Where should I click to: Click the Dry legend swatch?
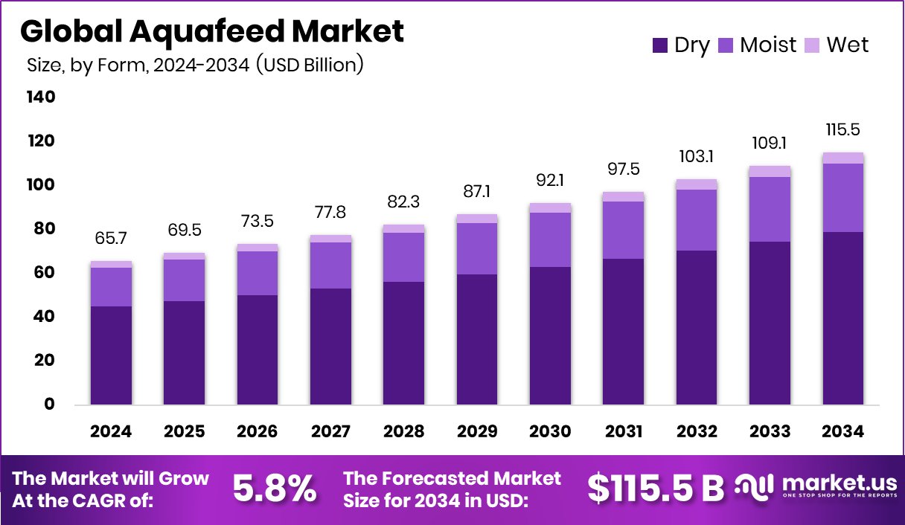coord(659,45)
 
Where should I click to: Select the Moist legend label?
coord(767,45)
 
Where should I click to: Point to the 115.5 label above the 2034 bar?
coord(843,129)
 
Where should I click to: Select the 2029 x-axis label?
coord(476,432)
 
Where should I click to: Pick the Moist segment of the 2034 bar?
coord(843,198)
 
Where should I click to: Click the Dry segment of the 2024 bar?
coord(111,355)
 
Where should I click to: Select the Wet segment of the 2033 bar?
coord(770,171)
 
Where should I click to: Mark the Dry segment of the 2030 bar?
coord(550,336)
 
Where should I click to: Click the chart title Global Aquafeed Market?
coord(212,32)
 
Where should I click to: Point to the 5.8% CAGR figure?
coord(275,489)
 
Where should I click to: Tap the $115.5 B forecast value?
coord(655,489)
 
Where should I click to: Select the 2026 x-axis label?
coord(257,432)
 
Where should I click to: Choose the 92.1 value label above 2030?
coord(550,179)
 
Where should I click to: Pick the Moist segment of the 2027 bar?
coord(330,265)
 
